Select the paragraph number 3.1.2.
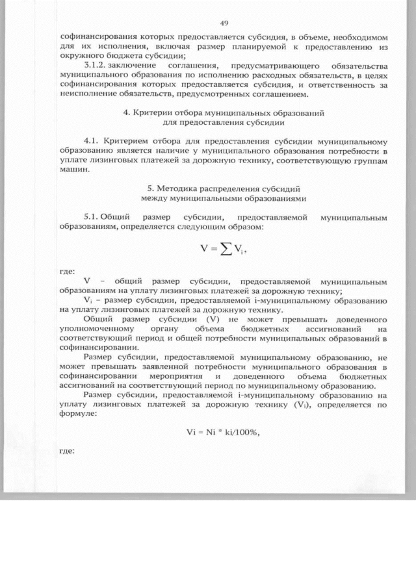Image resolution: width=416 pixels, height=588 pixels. pyautogui.click(x=98, y=66)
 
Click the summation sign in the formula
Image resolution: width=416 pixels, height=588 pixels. pyautogui.click(x=221, y=248)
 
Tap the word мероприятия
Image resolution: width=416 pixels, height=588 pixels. pyautogui.click(x=177, y=376)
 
